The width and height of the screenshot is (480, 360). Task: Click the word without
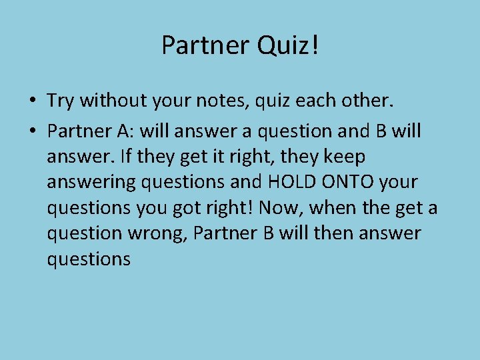tap(109, 101)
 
